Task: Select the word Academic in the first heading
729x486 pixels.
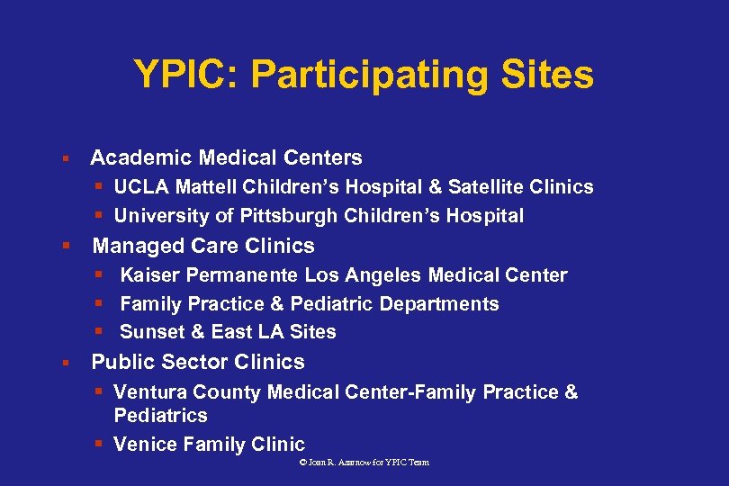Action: click(x=141, y=158)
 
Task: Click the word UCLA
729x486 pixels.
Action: click(x=142, y=187)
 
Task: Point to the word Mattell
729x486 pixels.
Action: click(x=205, y=187)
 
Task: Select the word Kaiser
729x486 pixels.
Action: click(x=148, y=275)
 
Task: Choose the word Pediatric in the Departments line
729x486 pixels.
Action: click(x=329, y=304)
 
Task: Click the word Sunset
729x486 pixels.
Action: click(x=152, y=332)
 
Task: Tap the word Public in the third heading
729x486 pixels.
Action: click(x=121, y=362)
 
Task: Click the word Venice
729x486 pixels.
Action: click(x=146, y=445)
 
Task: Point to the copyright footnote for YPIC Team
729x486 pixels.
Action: click(x=364, y=462)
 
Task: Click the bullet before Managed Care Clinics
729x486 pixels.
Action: click(x=66, y=246)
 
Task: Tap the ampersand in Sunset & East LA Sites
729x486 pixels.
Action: click(x=198, y=332)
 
